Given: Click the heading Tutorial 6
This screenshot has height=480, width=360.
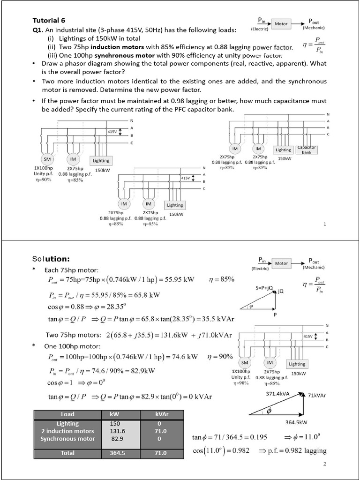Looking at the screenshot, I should tap(49, 21).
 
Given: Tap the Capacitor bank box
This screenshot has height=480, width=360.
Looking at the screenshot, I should tap(307, 150).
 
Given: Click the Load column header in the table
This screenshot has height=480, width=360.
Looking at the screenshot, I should tap(67, 414).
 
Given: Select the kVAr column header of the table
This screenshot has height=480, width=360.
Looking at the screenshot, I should tap(161, 414).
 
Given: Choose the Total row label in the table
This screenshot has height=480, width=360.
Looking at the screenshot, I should tap(67, 453).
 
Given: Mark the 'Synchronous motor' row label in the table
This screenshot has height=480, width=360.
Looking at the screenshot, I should tap(67, 439).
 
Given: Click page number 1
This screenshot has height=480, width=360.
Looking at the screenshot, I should tap(324, 224).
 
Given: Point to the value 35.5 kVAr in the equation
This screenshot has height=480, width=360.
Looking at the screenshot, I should tap(216, 319).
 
